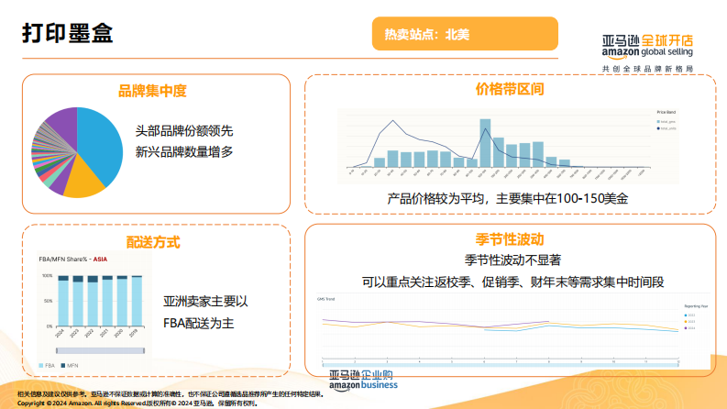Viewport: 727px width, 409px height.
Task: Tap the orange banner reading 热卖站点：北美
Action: pyautogui.click(x=466, y=36)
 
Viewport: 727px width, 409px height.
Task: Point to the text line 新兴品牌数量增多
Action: pyautogui.click(x=184, y=151)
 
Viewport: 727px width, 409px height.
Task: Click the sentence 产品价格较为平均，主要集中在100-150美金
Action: pyautogui.click(x=507, y=198)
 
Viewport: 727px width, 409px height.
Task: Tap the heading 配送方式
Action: pyautogui.click(x=153, y=242)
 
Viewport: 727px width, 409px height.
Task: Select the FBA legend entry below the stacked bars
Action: pyautogui.click(x=45, y=365)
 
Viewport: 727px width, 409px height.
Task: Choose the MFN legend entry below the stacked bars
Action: pyautogui.click(x=70, y=365)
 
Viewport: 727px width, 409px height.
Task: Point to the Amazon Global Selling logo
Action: pyautogui.click(x=647, y=51)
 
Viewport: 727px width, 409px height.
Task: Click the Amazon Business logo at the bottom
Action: pyautogui.click(x=362, y=380)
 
